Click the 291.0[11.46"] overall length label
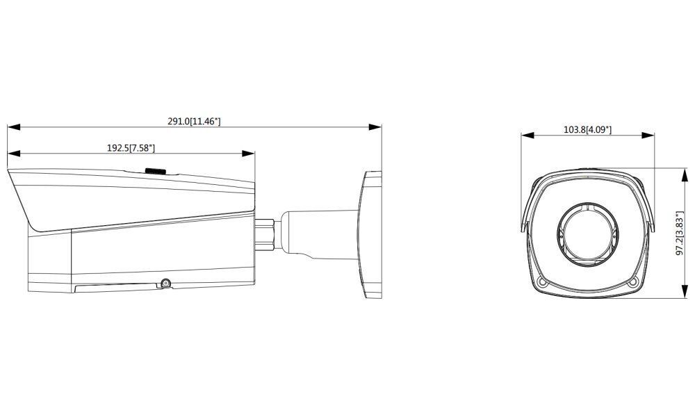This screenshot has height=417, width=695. point(194,121)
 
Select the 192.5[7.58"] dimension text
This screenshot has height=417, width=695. point(130,147)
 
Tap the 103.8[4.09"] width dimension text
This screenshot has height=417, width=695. point(587,129)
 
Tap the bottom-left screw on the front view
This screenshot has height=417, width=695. point(543,281)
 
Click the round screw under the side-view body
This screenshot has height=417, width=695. point(165,282)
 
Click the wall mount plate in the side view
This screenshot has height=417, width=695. point(372,234)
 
